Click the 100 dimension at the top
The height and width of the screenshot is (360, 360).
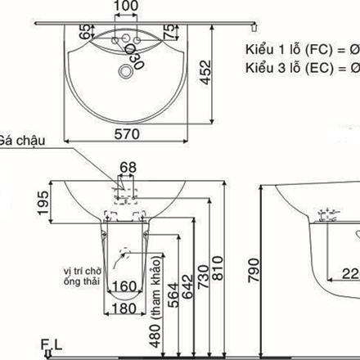click(x=125, y=7)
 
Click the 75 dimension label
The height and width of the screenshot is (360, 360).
click(x=169, y=32)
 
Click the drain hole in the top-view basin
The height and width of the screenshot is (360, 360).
click(x=125, y=72)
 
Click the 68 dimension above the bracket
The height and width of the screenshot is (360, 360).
click(x=128, y=168)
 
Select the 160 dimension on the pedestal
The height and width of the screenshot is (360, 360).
click(x=124, y=287)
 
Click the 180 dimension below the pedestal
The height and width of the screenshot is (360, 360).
click(x=124, y=308)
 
